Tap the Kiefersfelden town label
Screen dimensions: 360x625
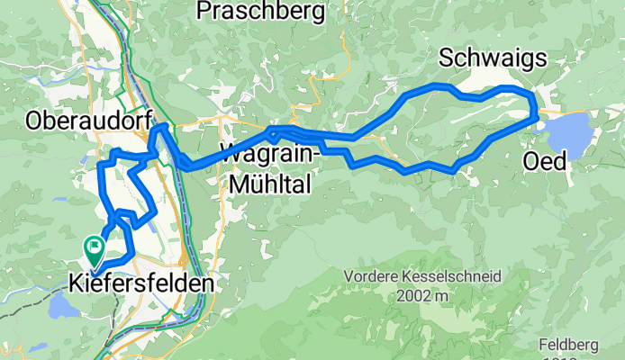click(141, 283)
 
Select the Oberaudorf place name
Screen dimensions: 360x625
click(87, 119)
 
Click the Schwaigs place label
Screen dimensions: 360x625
click(493, 59)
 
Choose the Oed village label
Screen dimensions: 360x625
click(545, 162)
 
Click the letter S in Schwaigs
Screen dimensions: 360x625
click(446, 59)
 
